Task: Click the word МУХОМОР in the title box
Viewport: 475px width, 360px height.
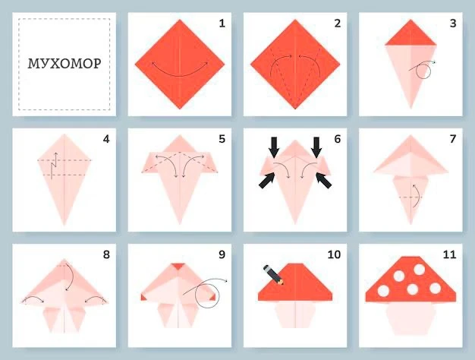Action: tap(64, 64)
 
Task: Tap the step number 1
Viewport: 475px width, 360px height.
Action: tap(222, 24)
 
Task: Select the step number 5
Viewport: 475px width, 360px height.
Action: tap(222, 139)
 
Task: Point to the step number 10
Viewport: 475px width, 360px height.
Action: tap(334, 254)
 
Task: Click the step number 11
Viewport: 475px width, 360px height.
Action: tap(449, 254)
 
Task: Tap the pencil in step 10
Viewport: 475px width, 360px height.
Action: tap(273, 275)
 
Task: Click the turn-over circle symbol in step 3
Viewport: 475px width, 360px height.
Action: tap(423, 71)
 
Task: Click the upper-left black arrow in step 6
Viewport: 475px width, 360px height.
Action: tap(274, 147)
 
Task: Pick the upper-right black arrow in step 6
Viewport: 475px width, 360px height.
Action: tap(316, 147)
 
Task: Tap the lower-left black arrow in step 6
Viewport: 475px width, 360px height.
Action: tap(267, 180)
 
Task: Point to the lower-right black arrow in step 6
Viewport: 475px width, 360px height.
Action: tap(323, 180)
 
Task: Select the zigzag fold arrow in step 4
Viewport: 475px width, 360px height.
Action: tap(54, 166)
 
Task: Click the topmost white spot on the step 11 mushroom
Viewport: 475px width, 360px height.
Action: tap(420, 270)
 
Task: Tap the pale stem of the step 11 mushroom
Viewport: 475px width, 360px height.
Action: tap(411, 318)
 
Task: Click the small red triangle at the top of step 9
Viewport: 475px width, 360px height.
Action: tap(179, 267)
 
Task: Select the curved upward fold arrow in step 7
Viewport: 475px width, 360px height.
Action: tap(417, 196)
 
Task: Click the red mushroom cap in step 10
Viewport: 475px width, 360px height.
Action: tap(295, 283)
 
